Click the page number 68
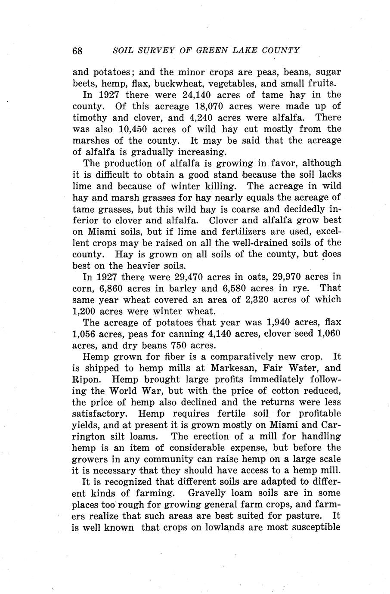click(77, 50)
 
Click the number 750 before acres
click(180, 345)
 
